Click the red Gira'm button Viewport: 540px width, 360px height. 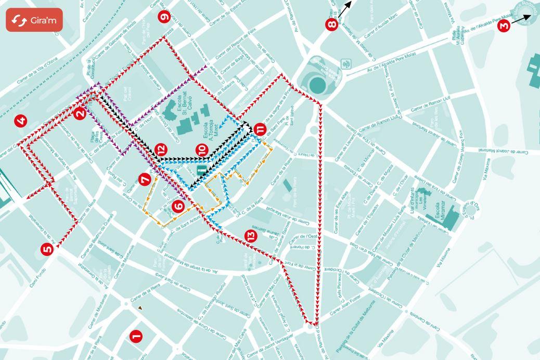pyautogui.click(x=34, y=20)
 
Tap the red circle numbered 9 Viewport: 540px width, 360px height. pyautogui.click(x=165, y=17)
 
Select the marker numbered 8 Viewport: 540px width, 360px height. pyautogui.click(x=331, y=24)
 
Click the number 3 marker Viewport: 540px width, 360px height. pyautogui.click(x=503, y=25)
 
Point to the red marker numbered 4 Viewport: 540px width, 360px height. pyautogui.click(x=21, y=122)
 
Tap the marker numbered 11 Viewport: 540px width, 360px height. pyautogui.click(x=260, y=129)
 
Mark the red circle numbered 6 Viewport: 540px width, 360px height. pyautogui.click(x=178, y=206)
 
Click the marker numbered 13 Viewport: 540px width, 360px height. pyautogui.click(x=251, y=236)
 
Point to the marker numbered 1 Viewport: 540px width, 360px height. pyautogui.click(x=136, y=337)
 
